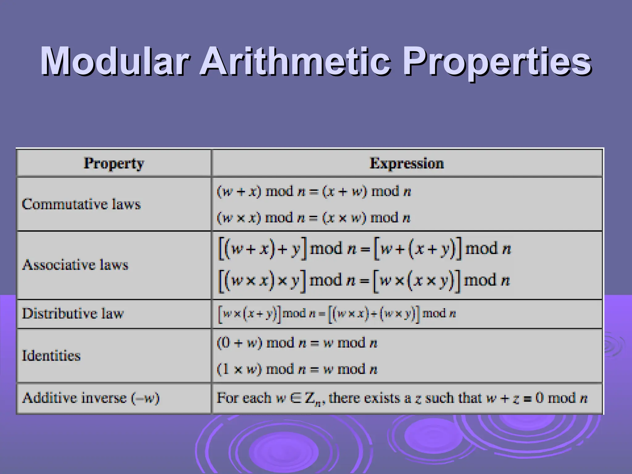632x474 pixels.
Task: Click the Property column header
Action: (x=114, y=163)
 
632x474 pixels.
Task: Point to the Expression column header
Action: (x=407, y=163)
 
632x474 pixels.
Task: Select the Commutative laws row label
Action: (x=81, y=204)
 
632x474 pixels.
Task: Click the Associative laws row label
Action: (x=75, y=265)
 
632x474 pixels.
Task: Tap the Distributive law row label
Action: (x=73, y=314)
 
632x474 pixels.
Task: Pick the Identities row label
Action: (x=51, y=355)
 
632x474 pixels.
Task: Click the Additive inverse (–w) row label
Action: (x=91, y=398)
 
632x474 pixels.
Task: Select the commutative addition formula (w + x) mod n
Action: (x=314, y=192)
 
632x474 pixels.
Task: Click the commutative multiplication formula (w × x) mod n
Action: (x=313, y=218)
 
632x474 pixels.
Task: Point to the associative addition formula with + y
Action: (x=364, y=249)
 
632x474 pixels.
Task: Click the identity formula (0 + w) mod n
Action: (x=297, y=343)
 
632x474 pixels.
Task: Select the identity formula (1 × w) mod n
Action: (x=297, y=369)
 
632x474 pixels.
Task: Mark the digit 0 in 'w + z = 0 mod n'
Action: (x=539, y=398)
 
